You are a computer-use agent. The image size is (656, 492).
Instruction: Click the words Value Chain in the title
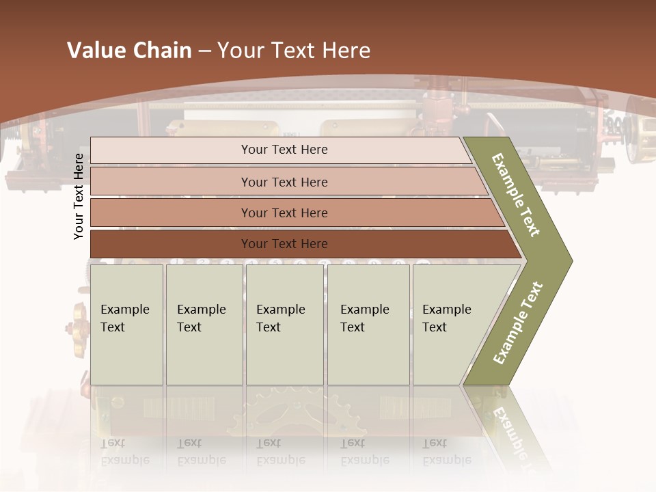[x=129, y=51]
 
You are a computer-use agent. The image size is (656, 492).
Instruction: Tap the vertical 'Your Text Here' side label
[x=79, y=196]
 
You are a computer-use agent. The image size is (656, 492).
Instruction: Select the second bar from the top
[x=284, y=182]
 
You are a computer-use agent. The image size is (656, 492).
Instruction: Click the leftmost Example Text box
[x=126, y=325]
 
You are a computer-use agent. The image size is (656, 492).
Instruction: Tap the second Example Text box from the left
[x=204, y=325]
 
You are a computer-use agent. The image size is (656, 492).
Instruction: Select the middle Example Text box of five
[x=284, y=325]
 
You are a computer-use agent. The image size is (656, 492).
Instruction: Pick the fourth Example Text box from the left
[x=368, y=325]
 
